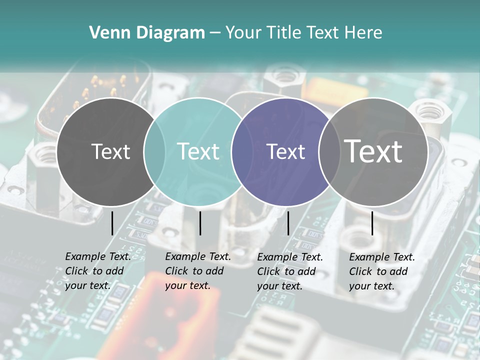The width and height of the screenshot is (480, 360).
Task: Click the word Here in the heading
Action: [363, 33]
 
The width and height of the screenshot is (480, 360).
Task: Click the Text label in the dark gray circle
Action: [110, 151]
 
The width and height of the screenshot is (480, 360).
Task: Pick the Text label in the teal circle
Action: [198, 151]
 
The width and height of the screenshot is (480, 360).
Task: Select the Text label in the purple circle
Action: [285, 151]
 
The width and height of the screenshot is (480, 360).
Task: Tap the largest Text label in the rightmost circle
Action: [373, 151]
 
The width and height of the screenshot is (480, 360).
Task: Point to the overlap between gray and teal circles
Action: [154, 151]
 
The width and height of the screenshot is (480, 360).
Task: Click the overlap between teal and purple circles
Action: [242, 151]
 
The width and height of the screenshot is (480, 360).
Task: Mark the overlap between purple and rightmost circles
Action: [329, 151]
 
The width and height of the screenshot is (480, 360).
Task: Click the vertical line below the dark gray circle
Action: [112, 223]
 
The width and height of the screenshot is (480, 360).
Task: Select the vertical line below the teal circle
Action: [200, 223]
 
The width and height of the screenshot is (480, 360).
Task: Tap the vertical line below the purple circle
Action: [288, 223]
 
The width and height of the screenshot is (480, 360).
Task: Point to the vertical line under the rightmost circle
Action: [372, 223]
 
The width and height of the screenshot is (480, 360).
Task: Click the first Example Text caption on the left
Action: [97, 271]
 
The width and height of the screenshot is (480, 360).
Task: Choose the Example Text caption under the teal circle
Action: [197, 271]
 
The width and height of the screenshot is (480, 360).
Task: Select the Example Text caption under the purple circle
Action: [289, 271]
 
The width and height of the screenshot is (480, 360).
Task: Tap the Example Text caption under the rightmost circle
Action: [381, 271]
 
